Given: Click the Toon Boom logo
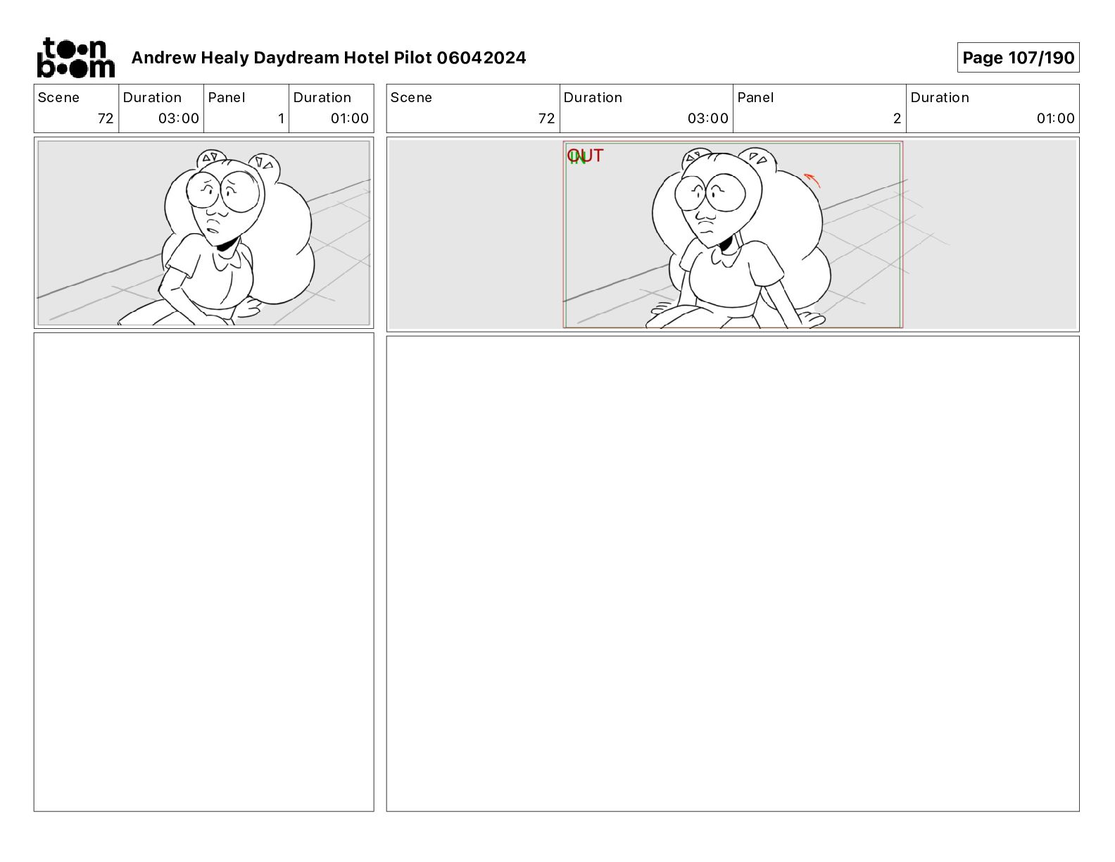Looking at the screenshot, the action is coord(76,58).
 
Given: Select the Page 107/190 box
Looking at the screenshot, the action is coord(1018,58).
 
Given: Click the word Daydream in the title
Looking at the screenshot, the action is coord(296,58).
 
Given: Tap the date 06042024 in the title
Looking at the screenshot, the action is coord(481,58).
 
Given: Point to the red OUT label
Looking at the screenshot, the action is coord(585,155).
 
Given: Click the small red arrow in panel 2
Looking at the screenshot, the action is coord(812,180).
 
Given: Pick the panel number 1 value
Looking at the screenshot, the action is coord(281,118).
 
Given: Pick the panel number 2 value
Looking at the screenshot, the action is coord(896,118).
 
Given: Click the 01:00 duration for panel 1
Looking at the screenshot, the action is coord(349,118).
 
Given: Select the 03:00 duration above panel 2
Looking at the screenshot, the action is coord(707,118).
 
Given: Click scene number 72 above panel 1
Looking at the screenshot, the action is coord(106,118).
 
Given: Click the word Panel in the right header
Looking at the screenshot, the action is coord(755,98).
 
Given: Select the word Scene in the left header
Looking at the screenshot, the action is coord(58,98).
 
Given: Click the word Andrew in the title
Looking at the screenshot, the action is coord(164,58).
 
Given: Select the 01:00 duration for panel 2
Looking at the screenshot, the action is coord(1055,118).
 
